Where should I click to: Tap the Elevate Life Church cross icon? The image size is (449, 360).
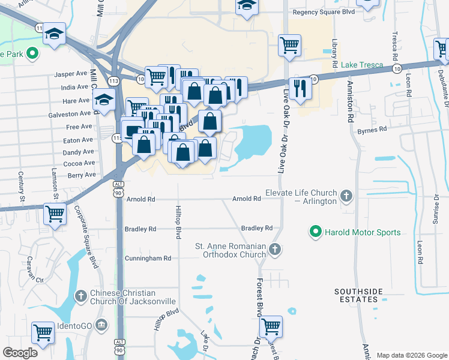(x=346, y=196)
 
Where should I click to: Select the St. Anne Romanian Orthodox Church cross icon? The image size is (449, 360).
(x=274, y=248)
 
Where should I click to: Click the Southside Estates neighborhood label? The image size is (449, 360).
(x=358, y=296)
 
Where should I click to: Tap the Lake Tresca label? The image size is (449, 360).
(x=363, y=65)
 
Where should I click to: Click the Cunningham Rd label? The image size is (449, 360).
(x=148, y=258)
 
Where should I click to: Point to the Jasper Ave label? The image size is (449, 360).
(x=71, y=74)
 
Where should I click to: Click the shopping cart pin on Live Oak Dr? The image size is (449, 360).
(x=290, y=44)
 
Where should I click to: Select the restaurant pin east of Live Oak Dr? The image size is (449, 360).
(x=300, y=88)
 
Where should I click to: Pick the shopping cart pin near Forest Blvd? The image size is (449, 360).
(x=271, y=326)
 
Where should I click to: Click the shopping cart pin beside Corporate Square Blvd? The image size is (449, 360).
(x=55, y=213)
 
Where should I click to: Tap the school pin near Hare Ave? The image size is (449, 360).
(x=104, y=101)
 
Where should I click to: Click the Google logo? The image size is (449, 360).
(x=20, y=353)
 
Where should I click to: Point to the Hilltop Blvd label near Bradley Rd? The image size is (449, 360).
(x=178, y=223)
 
